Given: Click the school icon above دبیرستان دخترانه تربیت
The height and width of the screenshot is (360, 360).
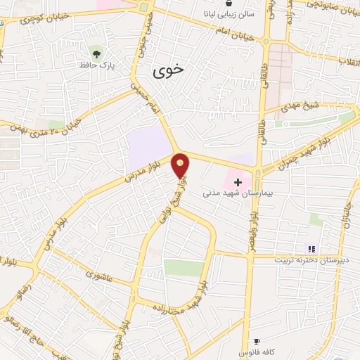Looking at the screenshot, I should click(x=311, y=248).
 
